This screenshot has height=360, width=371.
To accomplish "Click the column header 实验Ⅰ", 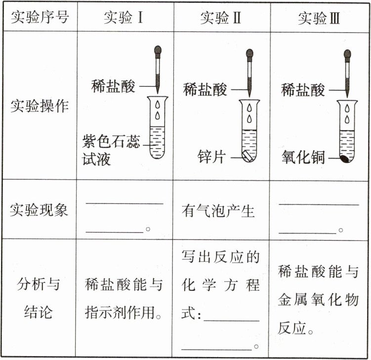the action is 124,18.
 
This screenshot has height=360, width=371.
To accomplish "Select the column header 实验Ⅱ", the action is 221,18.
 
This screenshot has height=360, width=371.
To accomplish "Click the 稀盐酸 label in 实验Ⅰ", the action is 113,86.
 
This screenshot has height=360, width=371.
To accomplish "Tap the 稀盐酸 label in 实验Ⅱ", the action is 205,89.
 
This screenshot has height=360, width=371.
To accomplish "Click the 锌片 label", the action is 211,157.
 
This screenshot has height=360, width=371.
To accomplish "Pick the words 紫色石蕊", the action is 111,142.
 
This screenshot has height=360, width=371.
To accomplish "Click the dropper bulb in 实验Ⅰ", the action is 158,50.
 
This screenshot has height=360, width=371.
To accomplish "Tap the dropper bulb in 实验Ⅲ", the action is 348,53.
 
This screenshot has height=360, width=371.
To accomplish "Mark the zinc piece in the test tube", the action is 248,157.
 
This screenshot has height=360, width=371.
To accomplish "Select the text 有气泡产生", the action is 218,211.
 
